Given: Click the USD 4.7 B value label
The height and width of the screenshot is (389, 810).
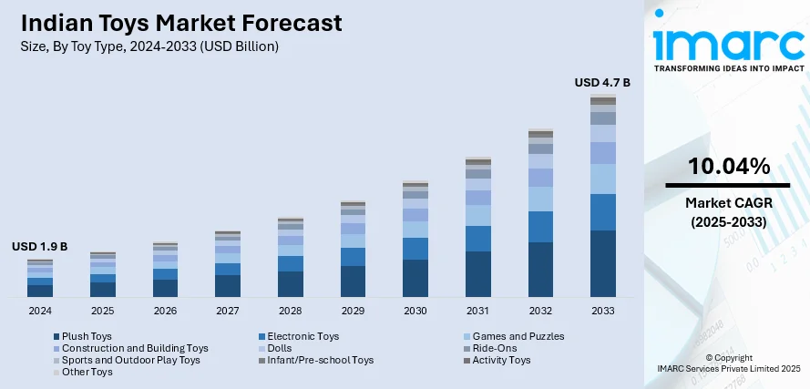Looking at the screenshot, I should pos(601,83).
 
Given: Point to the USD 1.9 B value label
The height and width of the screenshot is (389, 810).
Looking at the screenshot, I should pos(39,247).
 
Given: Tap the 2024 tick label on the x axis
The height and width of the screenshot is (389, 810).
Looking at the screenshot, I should pos(39,311).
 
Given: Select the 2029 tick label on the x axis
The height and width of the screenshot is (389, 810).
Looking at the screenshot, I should pos(353,311).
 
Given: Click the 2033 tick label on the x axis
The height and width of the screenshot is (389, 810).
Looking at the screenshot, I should pos(603,311).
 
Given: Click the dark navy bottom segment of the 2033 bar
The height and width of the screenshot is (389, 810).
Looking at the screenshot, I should pos(603,264).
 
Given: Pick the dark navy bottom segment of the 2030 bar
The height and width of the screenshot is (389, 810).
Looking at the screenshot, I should pos(415,279).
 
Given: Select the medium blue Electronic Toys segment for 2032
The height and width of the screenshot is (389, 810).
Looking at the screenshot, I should pos(540,227).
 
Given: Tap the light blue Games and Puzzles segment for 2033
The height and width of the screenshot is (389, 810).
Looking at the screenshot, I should pos(603,179).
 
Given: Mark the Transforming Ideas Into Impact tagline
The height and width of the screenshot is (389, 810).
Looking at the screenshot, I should pos(729,68).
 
